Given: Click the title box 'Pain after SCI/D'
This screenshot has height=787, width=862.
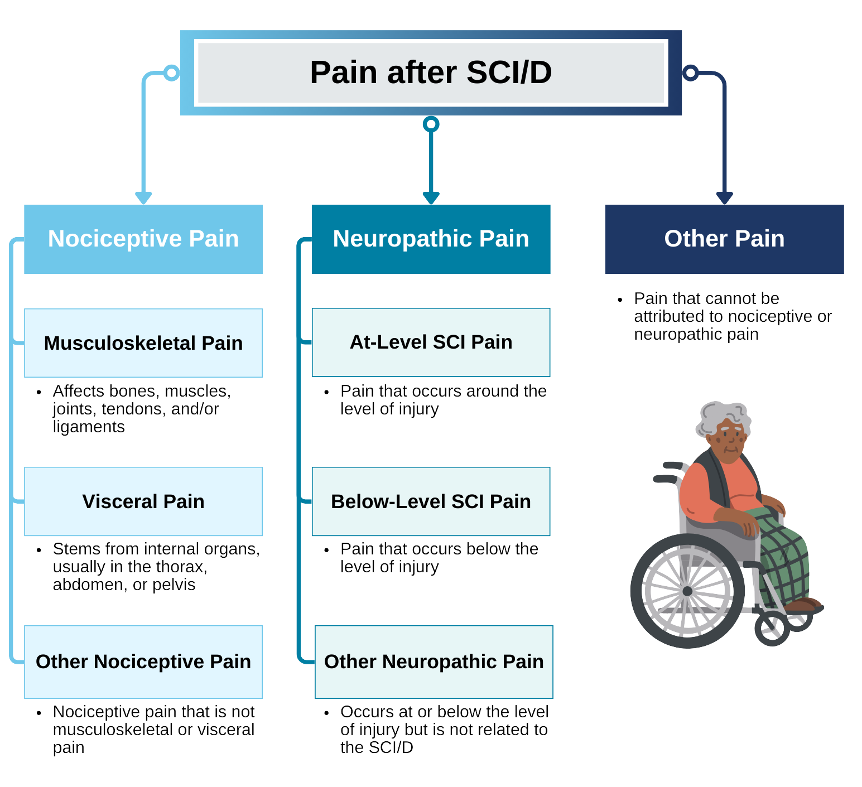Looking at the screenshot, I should [x=431, y=73].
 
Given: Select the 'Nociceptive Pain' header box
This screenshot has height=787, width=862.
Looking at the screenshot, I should [x=143, y=239].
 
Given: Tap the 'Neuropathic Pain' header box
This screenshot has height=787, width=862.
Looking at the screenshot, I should [x=431, y=239].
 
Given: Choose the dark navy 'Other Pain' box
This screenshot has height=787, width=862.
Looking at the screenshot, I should [x=724, y=239].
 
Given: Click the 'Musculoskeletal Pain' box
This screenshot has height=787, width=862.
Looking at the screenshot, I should [x=143, y=343].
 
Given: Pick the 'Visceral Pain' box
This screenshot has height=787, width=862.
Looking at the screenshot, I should [x=143, y=501].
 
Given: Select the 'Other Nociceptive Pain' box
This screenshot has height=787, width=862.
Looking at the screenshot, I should [x=143, y=662].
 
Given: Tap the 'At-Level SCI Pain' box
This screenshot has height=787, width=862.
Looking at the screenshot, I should [x=431, y=342].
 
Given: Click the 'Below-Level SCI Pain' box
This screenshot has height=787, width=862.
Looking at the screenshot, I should [x=431, y=501].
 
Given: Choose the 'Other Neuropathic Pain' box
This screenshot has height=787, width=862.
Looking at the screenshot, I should [x=434, y=662].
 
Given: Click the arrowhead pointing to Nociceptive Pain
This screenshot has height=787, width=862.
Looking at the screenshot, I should [x=143, y=197].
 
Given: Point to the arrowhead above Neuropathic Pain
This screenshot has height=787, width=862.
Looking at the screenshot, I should [x=431, y=197].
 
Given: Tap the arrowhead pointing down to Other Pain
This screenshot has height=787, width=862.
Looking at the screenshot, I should [x=724, y=197].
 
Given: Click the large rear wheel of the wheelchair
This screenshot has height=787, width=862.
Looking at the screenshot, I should [x=687, y=591].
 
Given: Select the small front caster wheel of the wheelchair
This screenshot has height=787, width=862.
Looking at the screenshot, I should [x=772, y=629].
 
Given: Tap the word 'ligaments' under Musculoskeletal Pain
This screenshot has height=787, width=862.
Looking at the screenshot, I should [x=89, y=427].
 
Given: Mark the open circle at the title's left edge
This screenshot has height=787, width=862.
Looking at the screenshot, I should [x=171, y=73].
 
